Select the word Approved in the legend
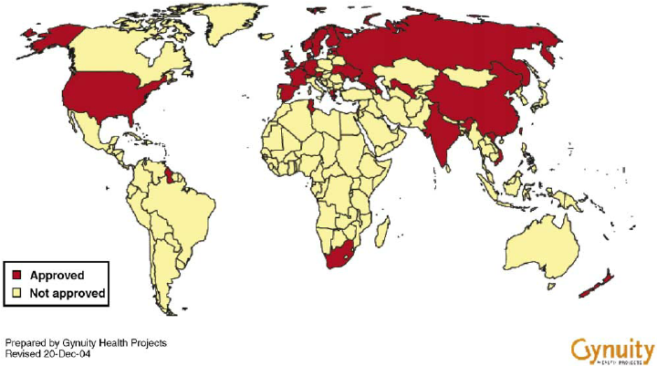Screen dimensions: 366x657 click(x=57, y=275)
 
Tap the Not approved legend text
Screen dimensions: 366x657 click(x=68, y=294)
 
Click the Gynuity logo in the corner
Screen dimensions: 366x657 click(x=612, y=349)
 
